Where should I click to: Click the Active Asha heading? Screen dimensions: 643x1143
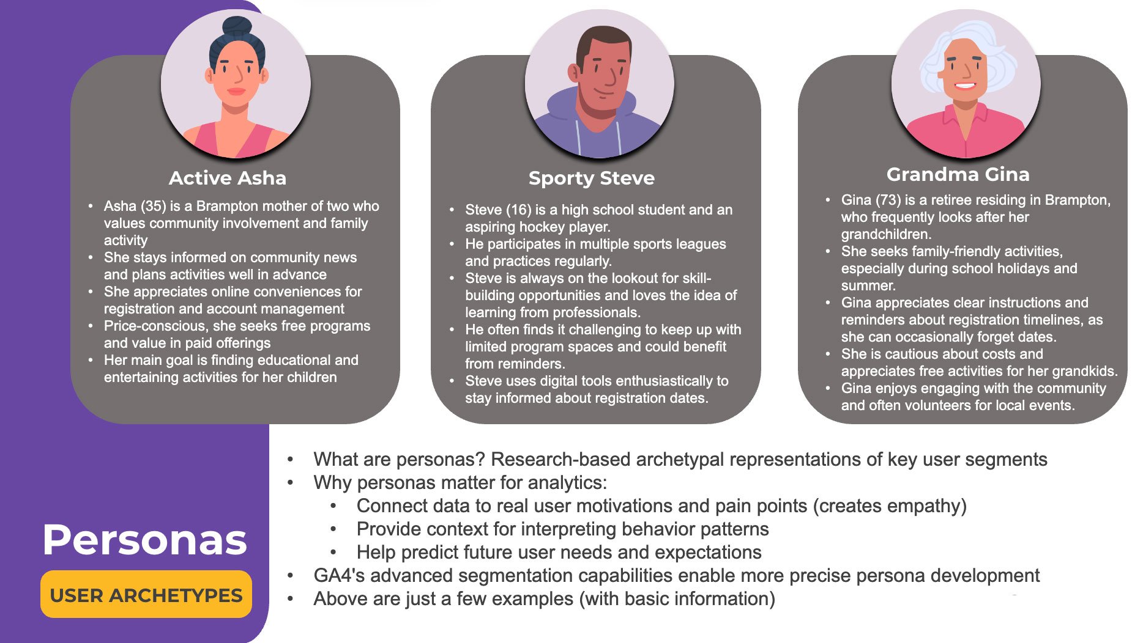point(227,178)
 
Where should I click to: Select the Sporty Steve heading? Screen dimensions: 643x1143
point(591,178)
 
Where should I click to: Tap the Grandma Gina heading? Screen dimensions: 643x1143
point(958,174)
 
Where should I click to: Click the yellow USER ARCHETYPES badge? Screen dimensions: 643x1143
point(146,595)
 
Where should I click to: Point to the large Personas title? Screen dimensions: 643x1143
point(144,540)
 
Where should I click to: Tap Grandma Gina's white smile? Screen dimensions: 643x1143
point(965,85)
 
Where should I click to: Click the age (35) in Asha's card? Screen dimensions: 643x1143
point(153,206)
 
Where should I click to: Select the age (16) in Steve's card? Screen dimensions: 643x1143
point(518,210)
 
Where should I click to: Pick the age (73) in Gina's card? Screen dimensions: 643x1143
point(888,200)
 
